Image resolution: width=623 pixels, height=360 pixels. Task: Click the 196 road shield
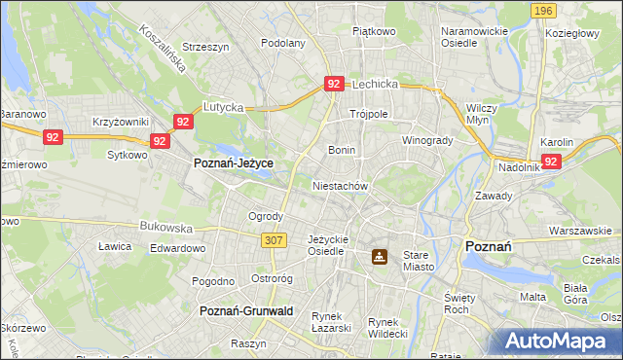click(x=543, y=10)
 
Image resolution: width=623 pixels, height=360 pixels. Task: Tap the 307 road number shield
click(x=273, y=239)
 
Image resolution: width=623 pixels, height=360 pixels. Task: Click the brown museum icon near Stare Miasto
click(x=379, y=257)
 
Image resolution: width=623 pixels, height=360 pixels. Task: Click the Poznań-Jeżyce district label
click(x=233, y=163)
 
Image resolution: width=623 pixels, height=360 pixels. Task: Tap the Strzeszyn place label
click(x=204, y=46)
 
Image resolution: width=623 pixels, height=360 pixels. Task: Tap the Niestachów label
click(x=340, y=185)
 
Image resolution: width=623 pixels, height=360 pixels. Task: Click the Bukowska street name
click(x=166, y=227)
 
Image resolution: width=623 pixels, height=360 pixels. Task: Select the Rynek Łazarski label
click(x=331, y=322)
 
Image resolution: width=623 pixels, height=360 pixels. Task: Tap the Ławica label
click(x=115, y=246)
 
